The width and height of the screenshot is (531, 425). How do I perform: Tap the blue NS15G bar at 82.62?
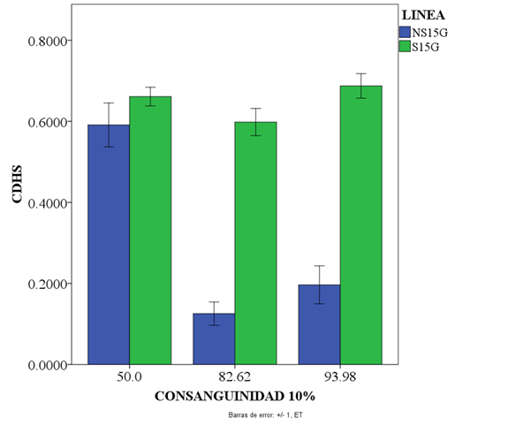click(x=214, y=339)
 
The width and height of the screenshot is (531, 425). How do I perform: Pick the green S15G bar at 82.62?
click(x=255, y=243)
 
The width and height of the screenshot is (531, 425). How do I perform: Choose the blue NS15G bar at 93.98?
click(x=319, y=324)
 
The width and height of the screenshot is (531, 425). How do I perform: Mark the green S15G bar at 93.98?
click(x=360, y=225)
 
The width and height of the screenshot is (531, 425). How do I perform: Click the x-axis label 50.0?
click(x=130, y=377)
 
